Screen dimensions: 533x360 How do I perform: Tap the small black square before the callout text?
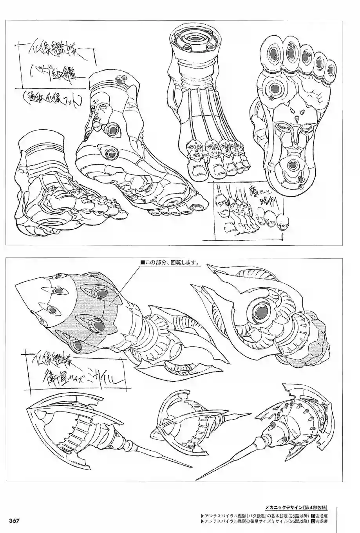tap(143, 263)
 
